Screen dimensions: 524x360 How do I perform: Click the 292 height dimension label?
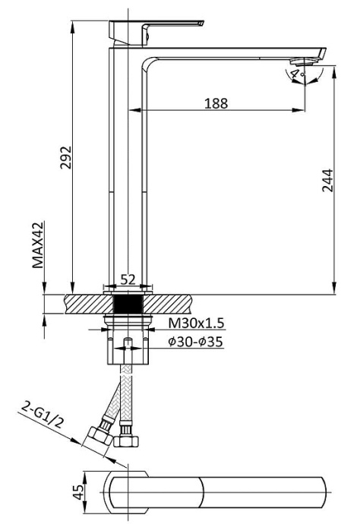coord(66,158)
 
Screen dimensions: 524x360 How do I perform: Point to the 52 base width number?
coord(128,279)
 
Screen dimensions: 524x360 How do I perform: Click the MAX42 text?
coord(37,246)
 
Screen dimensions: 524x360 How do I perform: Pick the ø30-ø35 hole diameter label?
coord(195,342)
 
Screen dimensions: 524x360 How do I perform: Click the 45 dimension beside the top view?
coord(77,493)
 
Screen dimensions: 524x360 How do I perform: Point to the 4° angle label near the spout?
coord(294,74)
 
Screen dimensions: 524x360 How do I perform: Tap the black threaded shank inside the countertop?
coord(127,302)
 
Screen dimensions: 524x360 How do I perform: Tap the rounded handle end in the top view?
coord(122,494)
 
